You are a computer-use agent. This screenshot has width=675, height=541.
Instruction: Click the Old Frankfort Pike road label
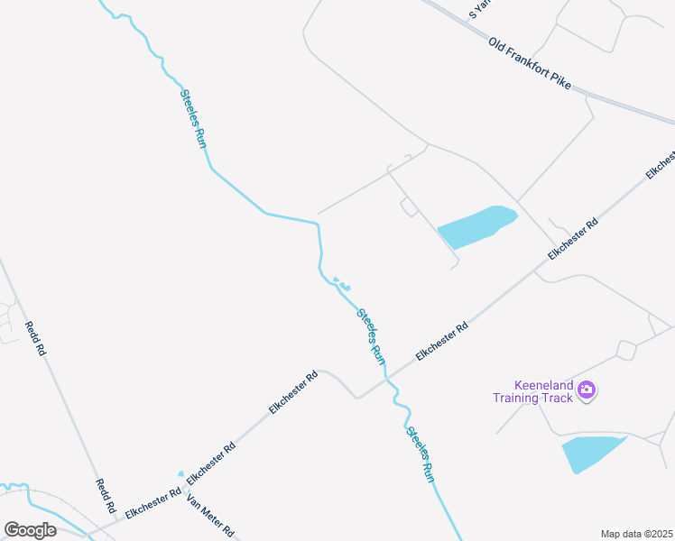click(530, 63)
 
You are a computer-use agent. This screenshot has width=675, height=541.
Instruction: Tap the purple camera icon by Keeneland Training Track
click(587, 390)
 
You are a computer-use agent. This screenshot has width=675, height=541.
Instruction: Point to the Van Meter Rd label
click(210, 515)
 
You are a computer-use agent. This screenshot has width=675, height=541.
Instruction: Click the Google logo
click(30, 530)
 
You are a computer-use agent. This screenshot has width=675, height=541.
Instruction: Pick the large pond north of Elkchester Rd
click(476, 227)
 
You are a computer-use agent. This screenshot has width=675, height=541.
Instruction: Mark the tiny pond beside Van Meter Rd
click(180, 473)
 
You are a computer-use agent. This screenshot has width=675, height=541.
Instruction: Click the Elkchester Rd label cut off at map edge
click(661, 163)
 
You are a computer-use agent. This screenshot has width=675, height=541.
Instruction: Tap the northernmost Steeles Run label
click(194, 118)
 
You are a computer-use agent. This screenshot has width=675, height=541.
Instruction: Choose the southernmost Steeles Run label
click(421, 454)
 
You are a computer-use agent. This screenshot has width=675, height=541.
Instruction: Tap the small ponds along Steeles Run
click(341, 283)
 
